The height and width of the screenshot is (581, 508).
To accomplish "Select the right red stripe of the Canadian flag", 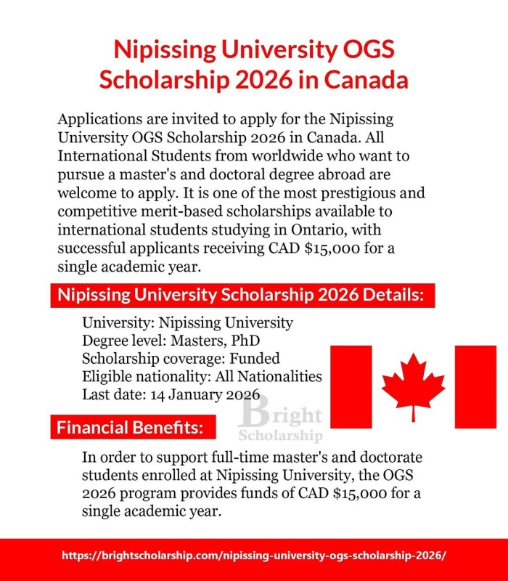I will (475, 386).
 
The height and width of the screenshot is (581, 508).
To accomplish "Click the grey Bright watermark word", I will (282, 416).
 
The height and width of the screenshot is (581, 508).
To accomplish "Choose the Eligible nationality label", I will (143, 376).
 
